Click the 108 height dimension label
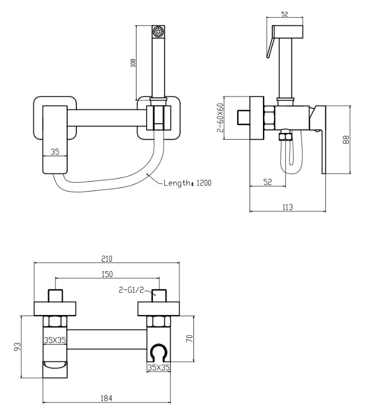coord(133,63)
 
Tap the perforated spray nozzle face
coord(158,32)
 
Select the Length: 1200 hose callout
coord(188,183)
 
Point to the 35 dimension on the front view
coord(55,152)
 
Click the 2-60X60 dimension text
coord(220,117)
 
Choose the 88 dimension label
coord(346,140)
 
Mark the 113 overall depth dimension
coord(288,207)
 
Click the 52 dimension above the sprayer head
coord(285,14)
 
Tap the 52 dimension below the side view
coord(268,182)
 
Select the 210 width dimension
coord(106,259)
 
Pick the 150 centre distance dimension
coord(107,274)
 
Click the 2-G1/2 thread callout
coord(131,290)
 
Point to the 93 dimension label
coord(17,347)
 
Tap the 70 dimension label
coord(190,338)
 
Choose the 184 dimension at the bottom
coord(106,398)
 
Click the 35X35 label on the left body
coord(55,340)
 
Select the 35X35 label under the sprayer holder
coord(159,367)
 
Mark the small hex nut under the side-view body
coord(285,136)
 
